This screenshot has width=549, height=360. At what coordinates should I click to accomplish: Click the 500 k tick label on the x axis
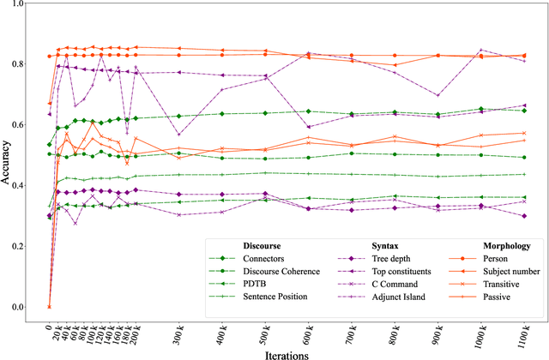click(265, 328)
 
